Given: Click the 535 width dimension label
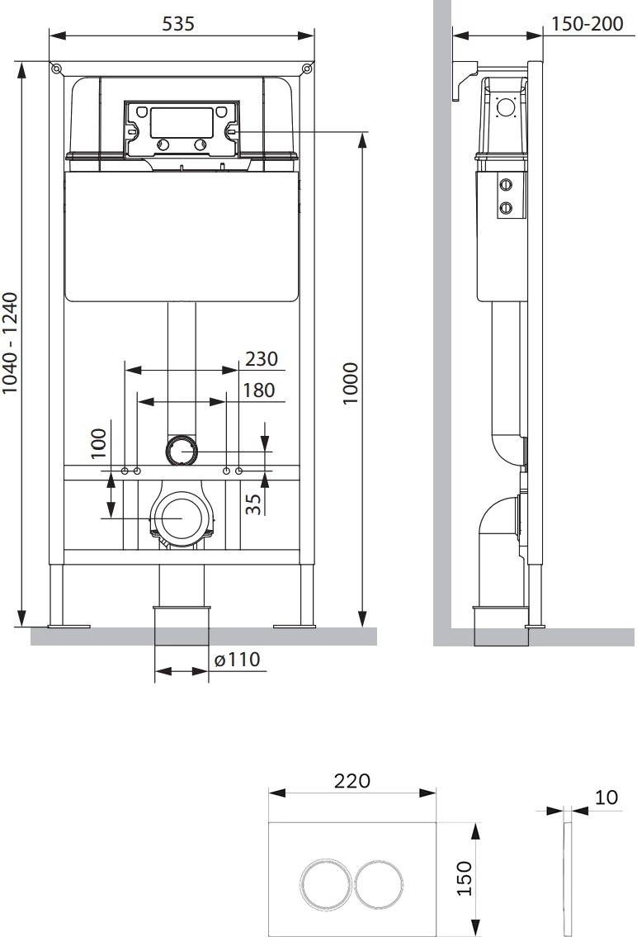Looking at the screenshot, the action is coord(178,23).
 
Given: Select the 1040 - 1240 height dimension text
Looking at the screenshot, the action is coord(11,343).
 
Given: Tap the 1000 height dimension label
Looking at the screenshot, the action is coord(351,383).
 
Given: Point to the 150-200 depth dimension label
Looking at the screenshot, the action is coord(587,23).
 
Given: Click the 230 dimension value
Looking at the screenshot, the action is coord(262,358).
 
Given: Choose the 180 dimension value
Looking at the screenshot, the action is coord(258,390).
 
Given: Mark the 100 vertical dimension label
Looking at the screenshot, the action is coord(98,443).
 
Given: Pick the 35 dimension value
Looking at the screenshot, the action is coord(253,503).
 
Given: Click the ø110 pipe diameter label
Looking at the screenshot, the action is coord(237,659).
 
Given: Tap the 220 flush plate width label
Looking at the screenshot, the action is coord(352,780).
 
